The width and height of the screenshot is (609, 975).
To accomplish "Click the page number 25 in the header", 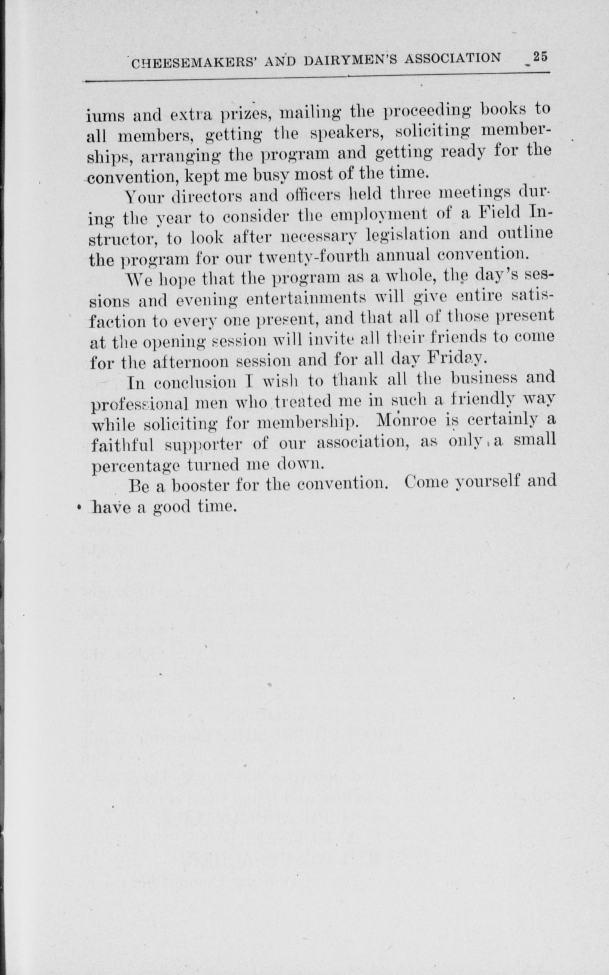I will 540,57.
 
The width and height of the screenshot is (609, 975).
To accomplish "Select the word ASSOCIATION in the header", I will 453,59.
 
